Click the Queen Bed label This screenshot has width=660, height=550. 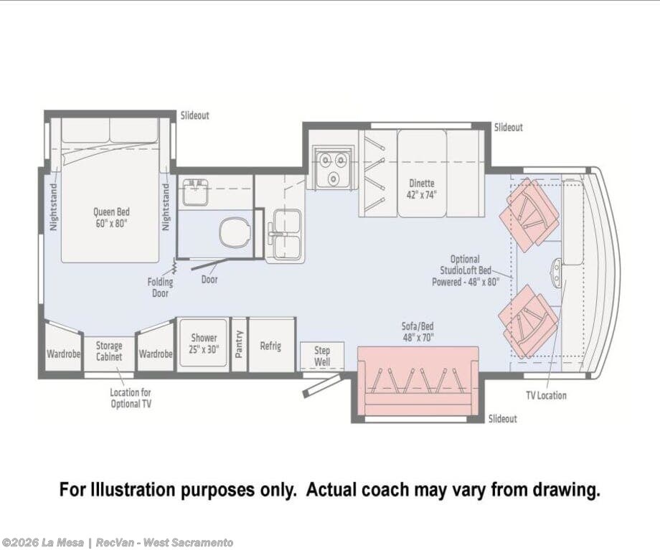coord(111,217)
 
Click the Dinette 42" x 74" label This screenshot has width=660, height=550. coord(421,189)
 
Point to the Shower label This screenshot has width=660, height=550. coord(204,338)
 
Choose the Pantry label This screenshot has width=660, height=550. coord(239,344)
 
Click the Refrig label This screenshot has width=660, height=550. coord(270,346)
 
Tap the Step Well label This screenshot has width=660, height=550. coord(322,356)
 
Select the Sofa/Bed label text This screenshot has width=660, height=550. coord(418,326)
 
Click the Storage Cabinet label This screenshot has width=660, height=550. coord(109,351)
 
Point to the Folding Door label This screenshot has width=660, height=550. coord(160,288)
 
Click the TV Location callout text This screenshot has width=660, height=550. coord(546,395)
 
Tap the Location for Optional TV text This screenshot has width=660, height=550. coord(131,398)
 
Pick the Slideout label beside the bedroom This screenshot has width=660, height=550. coord(195,115)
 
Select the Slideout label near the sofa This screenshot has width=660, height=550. coord(503,419)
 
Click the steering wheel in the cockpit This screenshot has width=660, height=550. coord(557,272)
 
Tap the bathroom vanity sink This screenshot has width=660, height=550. coord(194,192)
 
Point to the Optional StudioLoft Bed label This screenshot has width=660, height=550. coord(465,270)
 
